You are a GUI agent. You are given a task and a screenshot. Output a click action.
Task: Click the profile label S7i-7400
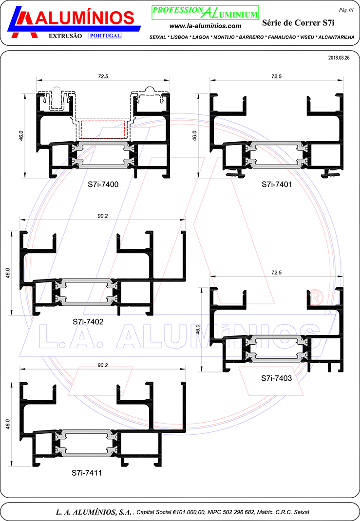click(103, 185)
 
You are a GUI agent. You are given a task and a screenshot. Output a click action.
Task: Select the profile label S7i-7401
click(277, 185)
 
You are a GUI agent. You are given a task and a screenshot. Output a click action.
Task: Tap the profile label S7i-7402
click(88, 322)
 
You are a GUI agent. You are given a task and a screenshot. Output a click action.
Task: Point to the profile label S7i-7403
click(277, 378)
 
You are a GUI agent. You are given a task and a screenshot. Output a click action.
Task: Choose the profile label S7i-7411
click(87, 472)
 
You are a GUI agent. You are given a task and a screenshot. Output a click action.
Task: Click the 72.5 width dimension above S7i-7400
click(103, 76)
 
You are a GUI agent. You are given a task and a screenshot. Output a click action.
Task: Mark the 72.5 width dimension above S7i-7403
click(276, 273)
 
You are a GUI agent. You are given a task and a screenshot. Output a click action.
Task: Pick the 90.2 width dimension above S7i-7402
click(103, 216)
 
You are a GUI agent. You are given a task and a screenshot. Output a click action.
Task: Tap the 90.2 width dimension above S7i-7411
click(103, 365)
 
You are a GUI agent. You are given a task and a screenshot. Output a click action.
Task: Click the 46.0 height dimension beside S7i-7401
click(194, 135)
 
